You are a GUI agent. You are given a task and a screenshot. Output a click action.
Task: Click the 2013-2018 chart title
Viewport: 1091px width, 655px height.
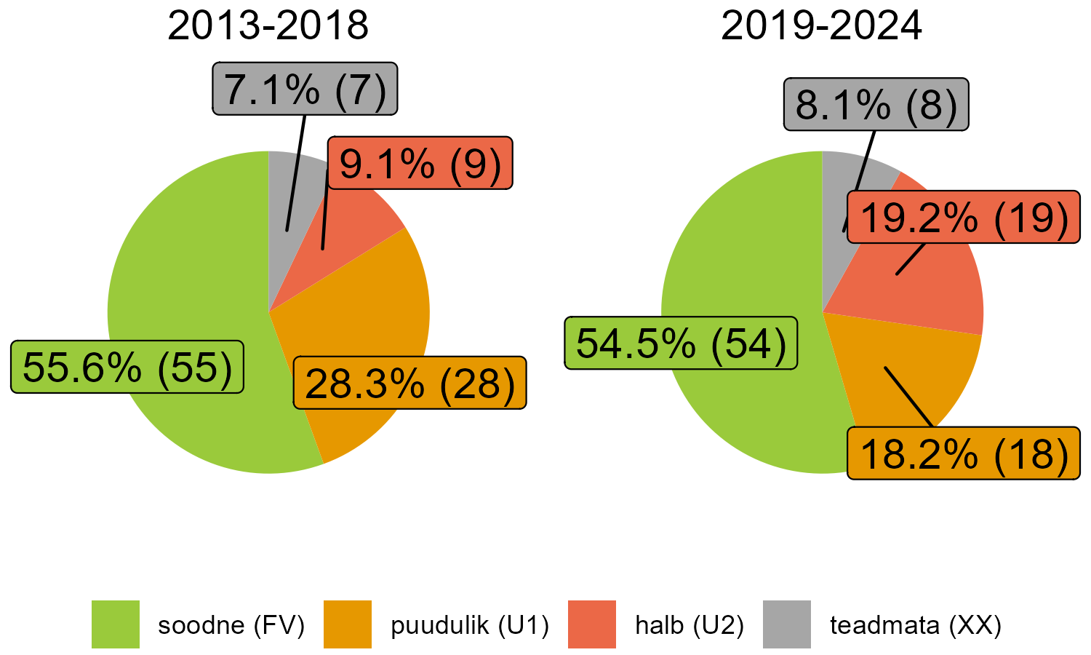[268, 26]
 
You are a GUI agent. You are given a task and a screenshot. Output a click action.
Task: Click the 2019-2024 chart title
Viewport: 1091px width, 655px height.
[821, 26]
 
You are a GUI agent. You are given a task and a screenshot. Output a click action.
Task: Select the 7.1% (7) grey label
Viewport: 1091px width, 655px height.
[305, 89]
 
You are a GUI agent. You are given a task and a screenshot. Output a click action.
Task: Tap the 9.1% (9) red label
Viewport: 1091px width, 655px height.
[420, 163]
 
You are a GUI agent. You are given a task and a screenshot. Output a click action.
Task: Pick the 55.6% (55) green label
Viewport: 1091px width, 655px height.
[127, 367]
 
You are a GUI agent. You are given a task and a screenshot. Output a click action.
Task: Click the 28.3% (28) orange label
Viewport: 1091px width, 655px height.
[409, 383]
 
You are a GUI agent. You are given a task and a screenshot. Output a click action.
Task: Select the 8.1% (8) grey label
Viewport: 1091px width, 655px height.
[876, 105]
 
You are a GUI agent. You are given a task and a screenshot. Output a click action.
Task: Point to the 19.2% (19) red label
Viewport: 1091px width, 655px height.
[964, 217]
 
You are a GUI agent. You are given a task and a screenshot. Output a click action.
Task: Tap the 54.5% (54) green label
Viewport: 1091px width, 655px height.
[682, 343]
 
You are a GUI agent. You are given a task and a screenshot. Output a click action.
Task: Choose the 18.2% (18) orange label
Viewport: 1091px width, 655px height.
[964, 453]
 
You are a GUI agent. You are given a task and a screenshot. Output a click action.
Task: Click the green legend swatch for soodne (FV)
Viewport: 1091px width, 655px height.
[116, 624]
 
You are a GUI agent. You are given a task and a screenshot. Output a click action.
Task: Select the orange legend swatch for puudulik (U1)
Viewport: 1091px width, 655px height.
[347, 624]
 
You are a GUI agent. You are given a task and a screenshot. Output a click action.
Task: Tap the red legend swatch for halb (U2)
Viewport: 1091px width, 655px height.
[591, 624]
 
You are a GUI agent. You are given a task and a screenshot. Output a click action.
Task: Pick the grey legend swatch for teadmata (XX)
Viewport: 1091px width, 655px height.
[786, 624]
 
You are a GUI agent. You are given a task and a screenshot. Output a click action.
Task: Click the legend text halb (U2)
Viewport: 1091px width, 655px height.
[690, 624]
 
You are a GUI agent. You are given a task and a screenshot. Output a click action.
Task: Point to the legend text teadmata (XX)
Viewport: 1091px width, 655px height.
[915, 624]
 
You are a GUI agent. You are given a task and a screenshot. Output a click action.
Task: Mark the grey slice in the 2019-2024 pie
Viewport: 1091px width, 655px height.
[844, 189]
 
